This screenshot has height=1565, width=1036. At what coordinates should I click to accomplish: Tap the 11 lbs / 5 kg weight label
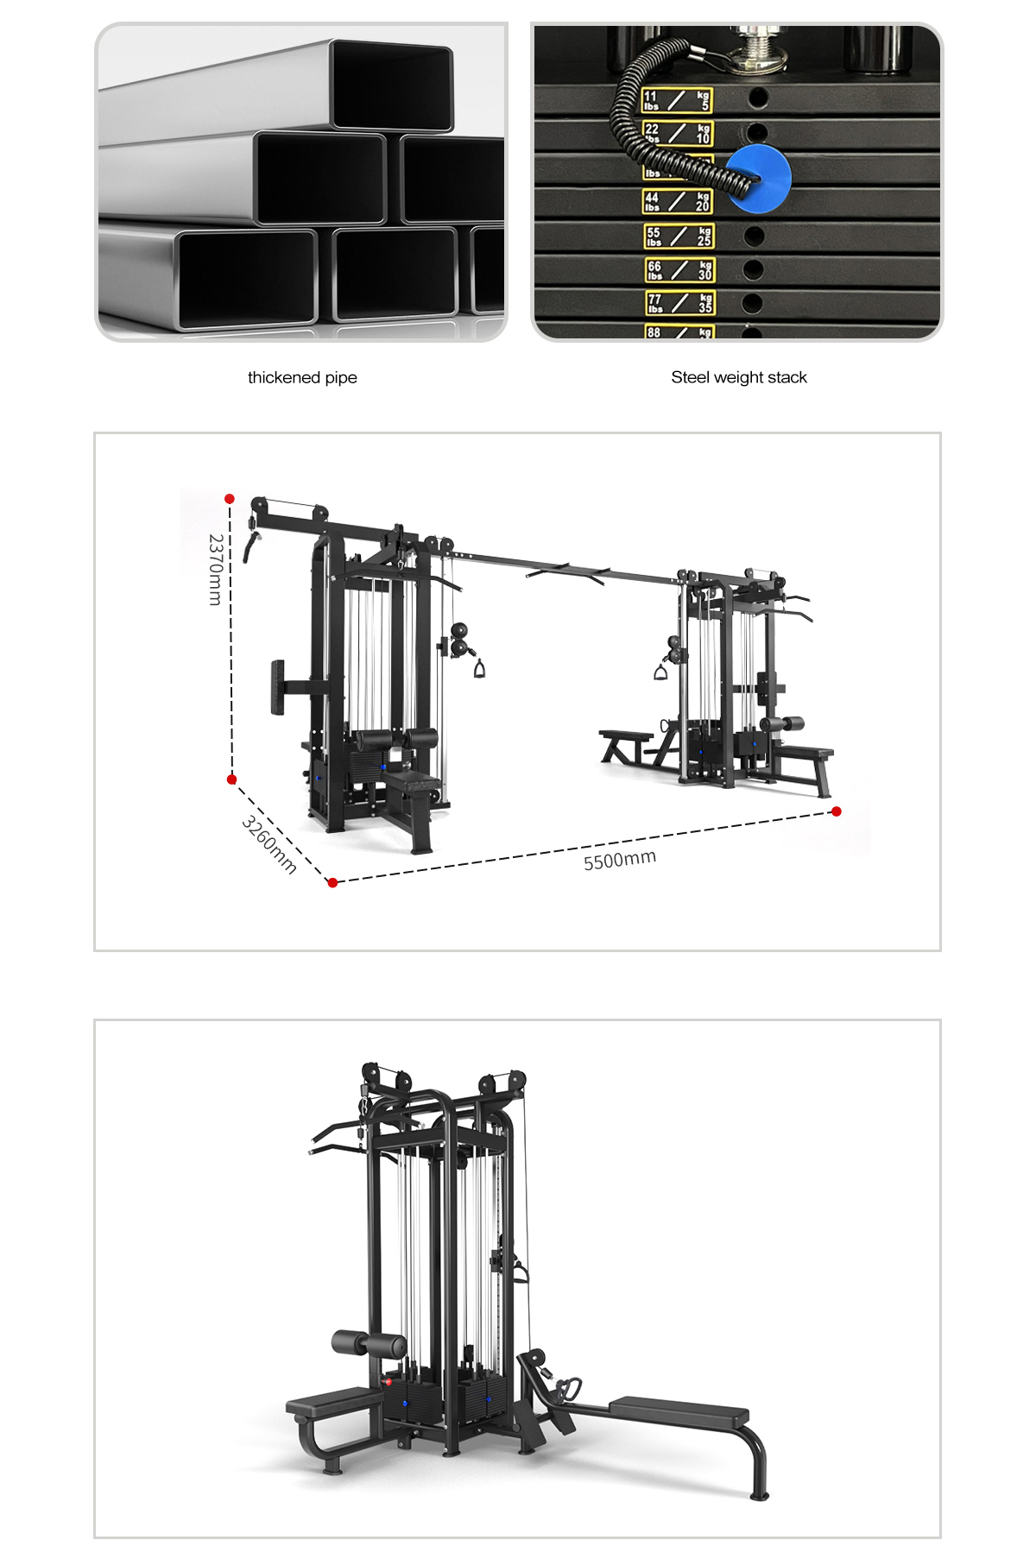[677, 100]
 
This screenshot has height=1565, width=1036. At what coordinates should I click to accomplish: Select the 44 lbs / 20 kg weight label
[677, 201]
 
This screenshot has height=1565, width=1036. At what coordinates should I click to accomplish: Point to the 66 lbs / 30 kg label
[679, 270]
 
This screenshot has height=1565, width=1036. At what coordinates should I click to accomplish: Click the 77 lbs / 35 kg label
[680, 303]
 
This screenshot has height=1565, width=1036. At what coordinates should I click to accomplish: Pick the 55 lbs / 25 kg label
[679, 236]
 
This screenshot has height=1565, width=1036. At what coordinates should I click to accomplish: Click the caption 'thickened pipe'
[302, 377]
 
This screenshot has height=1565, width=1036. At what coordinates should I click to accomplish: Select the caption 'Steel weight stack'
[739, 377]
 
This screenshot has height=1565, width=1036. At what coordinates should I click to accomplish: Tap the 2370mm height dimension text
[216, 569]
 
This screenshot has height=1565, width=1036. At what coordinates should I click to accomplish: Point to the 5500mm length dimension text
[620, 860]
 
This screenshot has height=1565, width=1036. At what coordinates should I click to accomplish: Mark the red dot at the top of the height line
[230, 499]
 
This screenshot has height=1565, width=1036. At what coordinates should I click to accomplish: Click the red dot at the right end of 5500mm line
[836, 811]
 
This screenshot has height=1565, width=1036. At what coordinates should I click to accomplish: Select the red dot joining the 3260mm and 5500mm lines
[332, 882]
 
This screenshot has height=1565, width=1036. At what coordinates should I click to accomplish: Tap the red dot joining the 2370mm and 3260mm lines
[231, 779]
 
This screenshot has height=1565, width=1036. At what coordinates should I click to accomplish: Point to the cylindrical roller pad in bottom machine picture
[369, 1344]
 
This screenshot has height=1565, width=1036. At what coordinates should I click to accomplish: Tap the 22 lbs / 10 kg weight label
[677, 133]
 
